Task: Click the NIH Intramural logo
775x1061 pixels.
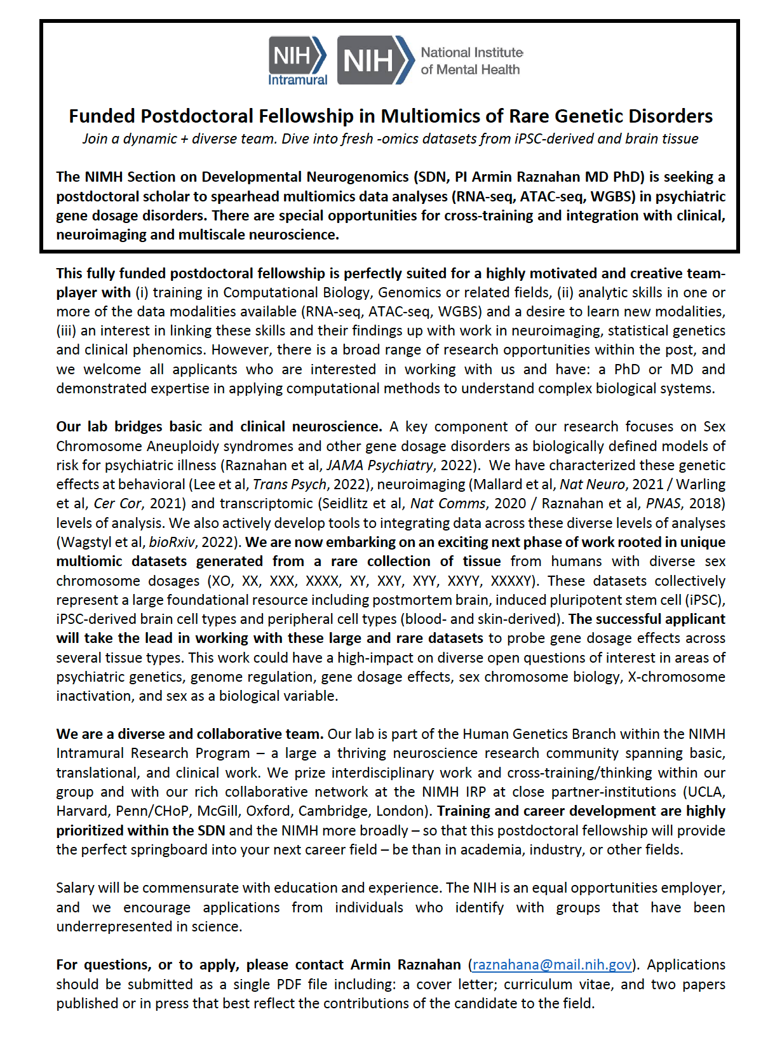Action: [x=297, y=61]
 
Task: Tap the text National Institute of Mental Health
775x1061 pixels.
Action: [x=471, y=61]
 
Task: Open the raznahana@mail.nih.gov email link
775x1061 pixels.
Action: [x=552, y=964]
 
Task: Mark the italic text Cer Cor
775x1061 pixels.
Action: [x=118, y=503]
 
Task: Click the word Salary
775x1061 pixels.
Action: [x=76, y=888]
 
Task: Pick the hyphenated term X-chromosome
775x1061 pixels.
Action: [x=677, y=677]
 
